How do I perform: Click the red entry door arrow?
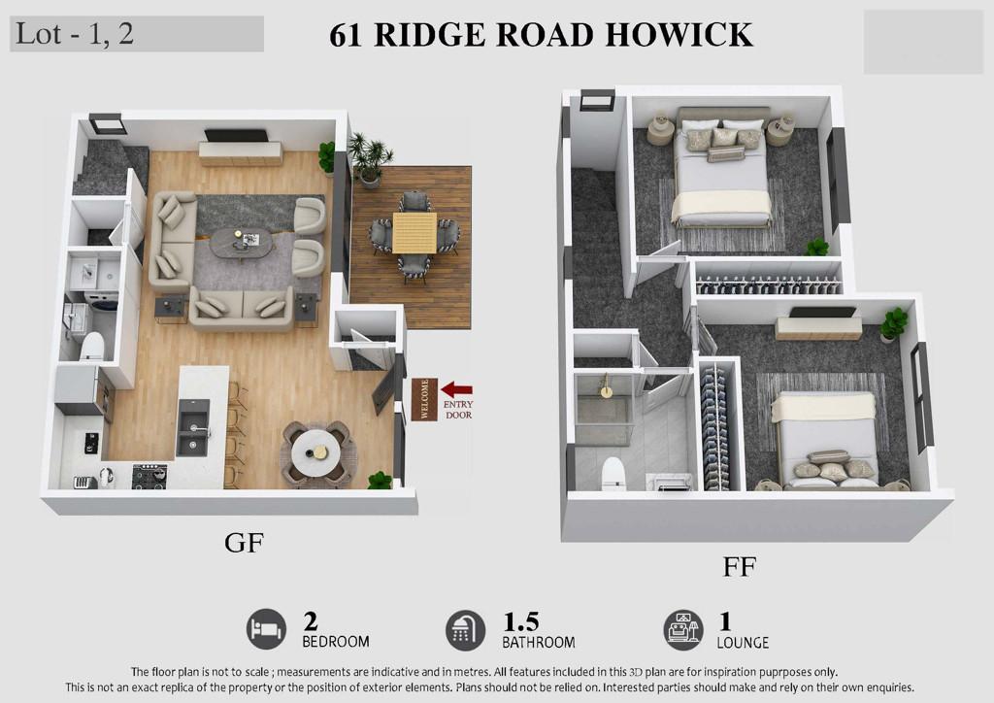click(x=456, y=389)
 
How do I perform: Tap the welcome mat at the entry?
click(x=424, y=399)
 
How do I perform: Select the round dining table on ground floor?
click(x=315, y=451)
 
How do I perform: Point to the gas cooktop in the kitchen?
click(x=149, y=476)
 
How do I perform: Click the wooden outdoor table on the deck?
click(x=414, y=233)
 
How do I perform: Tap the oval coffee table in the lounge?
click(x=243, y=243)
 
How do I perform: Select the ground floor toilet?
click(x=92, y=346)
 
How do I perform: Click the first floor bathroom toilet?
click(x=613, y=473)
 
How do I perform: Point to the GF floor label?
click(x=244, y=543)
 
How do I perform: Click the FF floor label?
click(x=739, y=567)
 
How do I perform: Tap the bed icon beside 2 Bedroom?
click(x=266, y=629)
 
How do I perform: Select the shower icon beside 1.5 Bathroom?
click(x=465, y=630)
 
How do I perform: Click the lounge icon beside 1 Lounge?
click(x=683, y=630)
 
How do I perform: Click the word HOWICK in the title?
click(x=679, y=35)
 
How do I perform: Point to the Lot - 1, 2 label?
click(x=74, y=34)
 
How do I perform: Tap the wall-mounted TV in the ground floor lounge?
click(x=236, y=136)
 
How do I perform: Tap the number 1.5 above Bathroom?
click(x=521, y=621)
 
